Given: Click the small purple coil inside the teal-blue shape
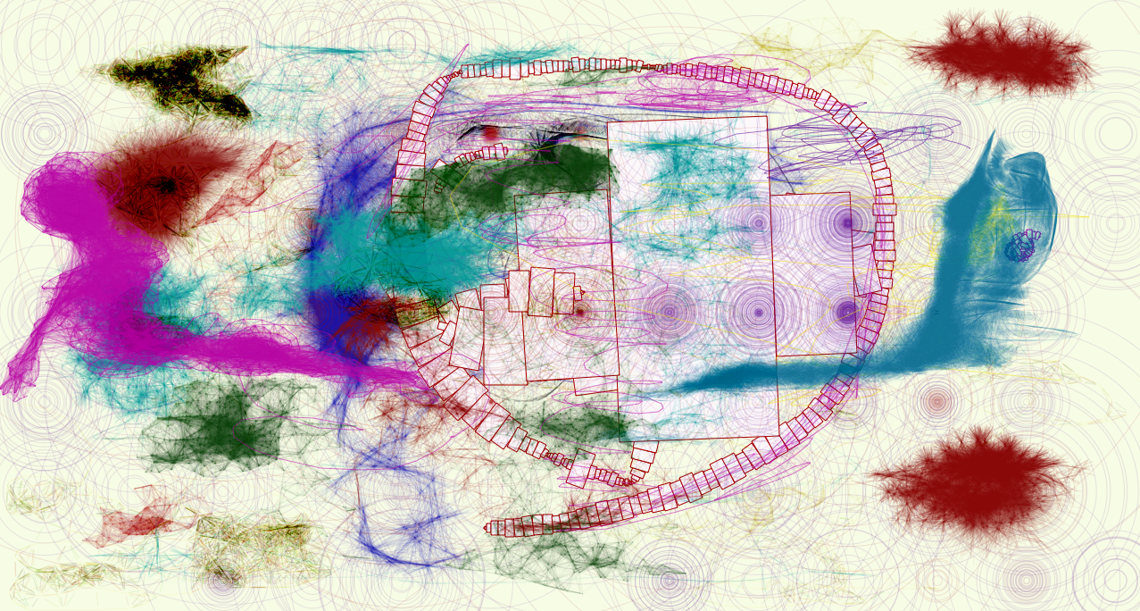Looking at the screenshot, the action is [1023, 246].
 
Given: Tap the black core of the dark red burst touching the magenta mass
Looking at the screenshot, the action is [164, 186].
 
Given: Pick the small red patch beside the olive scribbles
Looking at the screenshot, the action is [143, 523].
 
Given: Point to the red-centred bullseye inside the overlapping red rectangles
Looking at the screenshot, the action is [579, 312].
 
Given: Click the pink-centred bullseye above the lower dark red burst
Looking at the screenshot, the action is [936, 402].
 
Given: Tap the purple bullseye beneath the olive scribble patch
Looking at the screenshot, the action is [222, 582].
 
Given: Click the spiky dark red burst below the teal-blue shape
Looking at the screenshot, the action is [973, 482].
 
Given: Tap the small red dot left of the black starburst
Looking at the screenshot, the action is [489, 133].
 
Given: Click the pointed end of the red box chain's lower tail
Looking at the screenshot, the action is [487, 528].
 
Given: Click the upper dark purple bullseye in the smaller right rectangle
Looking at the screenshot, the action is [846, 222].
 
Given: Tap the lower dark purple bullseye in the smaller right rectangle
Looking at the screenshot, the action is [846, 312].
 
